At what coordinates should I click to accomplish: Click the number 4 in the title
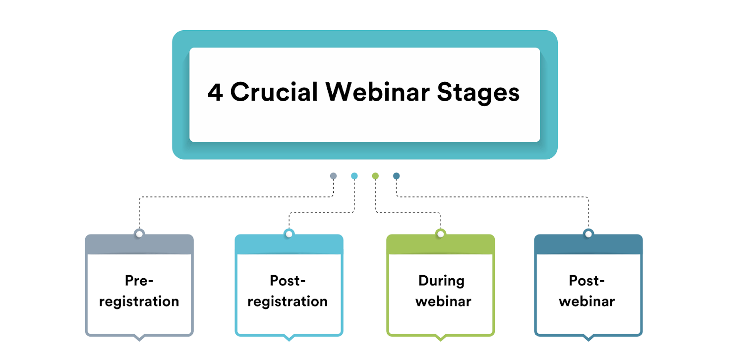[x=215, y=93]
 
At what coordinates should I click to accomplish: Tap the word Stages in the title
[x=478, y=93]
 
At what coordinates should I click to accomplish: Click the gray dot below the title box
[x=333, y=176]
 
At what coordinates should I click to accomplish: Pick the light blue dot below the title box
[x=354, y=176]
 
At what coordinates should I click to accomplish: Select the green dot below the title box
[x=375, y=176]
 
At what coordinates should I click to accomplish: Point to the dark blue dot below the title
[x=396, y=176]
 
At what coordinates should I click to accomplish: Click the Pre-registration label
[x=139, y=291]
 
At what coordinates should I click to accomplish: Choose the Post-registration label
[x=288, y=291]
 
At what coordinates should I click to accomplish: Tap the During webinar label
[x=441, y=291]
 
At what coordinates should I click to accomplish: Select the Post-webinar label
[x=587, y=291]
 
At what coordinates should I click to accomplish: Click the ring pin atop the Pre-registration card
[x=139, y=234]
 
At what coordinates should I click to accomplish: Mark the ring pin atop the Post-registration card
[x=289, y=234]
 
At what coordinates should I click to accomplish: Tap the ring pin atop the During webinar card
[x=440, y=234]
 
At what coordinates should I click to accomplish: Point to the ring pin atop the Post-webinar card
[x=588, y=234]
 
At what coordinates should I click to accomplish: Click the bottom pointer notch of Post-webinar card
[x=588, y=338]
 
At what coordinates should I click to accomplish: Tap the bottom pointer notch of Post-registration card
[x=289, y=338]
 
